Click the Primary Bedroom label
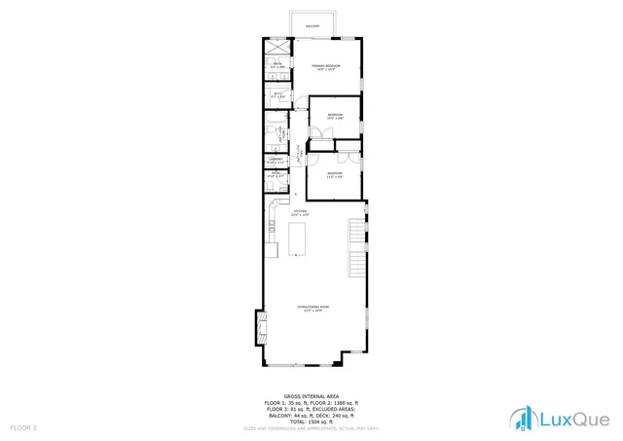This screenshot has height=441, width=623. tap(323, 67)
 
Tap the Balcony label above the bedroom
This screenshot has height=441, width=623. tap(312, 26)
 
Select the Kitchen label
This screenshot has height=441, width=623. tap(301, 211)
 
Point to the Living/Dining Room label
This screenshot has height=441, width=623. tap(312, 309)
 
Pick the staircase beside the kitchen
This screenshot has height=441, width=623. tap(357, 247)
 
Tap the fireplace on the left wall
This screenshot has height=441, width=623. tap(259, 327)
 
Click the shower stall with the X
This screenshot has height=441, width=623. tap(278, 47)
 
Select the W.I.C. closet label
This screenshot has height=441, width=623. tap(278, 95)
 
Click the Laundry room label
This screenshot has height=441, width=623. tap(276, 160)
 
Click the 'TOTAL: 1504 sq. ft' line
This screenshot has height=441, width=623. tap(311, 423)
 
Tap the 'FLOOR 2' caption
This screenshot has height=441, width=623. tap(23, 427)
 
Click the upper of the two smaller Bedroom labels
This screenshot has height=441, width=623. tap(335, 117)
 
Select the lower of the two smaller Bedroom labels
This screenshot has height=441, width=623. tap(335, 174)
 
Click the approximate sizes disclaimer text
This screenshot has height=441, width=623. tap(311, 429)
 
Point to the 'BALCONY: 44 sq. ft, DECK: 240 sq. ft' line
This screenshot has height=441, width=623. tap(311, 416)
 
